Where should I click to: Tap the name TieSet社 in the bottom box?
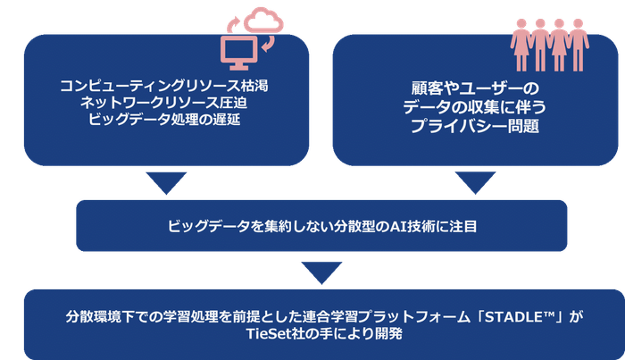274,334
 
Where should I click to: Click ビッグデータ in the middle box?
201,226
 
